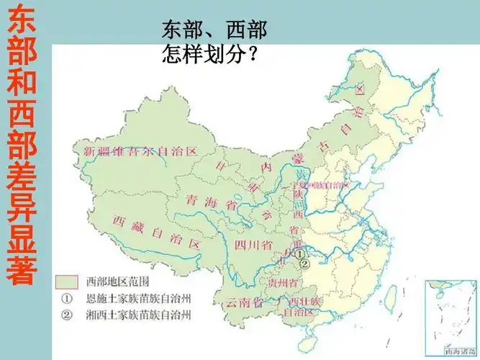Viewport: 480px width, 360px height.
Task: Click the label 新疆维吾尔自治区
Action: [x=140, y=151]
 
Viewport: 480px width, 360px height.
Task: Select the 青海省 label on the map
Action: [x=212, y=201]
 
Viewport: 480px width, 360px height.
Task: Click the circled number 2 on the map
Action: [x=305, y=264]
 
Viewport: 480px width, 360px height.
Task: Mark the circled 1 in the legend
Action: [x=65, y=297]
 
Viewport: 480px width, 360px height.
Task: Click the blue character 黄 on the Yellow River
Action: [x=302, y=174]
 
